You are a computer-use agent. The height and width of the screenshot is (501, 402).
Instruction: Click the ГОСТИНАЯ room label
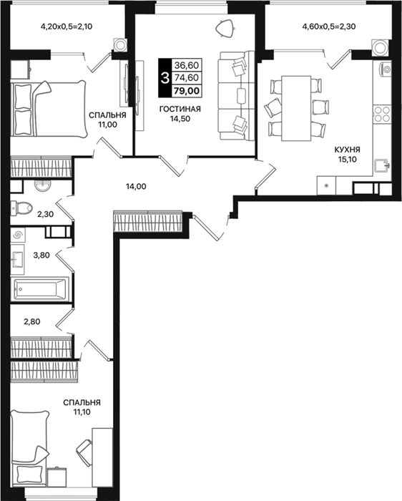(180, 110)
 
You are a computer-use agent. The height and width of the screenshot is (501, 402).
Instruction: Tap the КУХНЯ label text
(348, 150)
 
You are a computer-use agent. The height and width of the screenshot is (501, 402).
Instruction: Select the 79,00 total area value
(187, 91)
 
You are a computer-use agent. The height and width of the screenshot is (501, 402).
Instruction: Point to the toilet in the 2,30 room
(21, 208)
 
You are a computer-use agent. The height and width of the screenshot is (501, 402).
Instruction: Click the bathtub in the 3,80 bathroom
(39, 289)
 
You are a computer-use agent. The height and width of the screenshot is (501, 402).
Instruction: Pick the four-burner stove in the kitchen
(382, 114)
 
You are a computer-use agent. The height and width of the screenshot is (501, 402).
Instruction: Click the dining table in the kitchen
(296, 108)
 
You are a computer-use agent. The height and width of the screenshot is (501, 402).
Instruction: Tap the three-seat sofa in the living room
(236, 95)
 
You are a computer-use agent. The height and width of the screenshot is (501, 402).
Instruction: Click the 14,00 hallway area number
(135, 186)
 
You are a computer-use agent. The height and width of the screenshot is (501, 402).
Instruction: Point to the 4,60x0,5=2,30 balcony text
(329, 26)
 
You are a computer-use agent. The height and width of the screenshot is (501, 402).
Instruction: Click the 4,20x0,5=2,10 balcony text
(67, 26)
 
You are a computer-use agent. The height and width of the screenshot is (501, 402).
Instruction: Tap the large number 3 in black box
(165, 77)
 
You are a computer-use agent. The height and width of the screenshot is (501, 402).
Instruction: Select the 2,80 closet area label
(32, 321)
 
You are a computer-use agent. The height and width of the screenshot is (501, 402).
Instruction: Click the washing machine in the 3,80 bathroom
(18, 235)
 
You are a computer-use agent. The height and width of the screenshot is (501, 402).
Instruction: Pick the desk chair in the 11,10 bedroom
(84, 449)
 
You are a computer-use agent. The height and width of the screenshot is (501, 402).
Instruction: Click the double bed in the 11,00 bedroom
(49, 110)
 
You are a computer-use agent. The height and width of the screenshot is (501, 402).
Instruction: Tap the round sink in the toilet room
(42, 185)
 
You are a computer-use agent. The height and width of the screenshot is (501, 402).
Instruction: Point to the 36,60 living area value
(187, 65)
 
